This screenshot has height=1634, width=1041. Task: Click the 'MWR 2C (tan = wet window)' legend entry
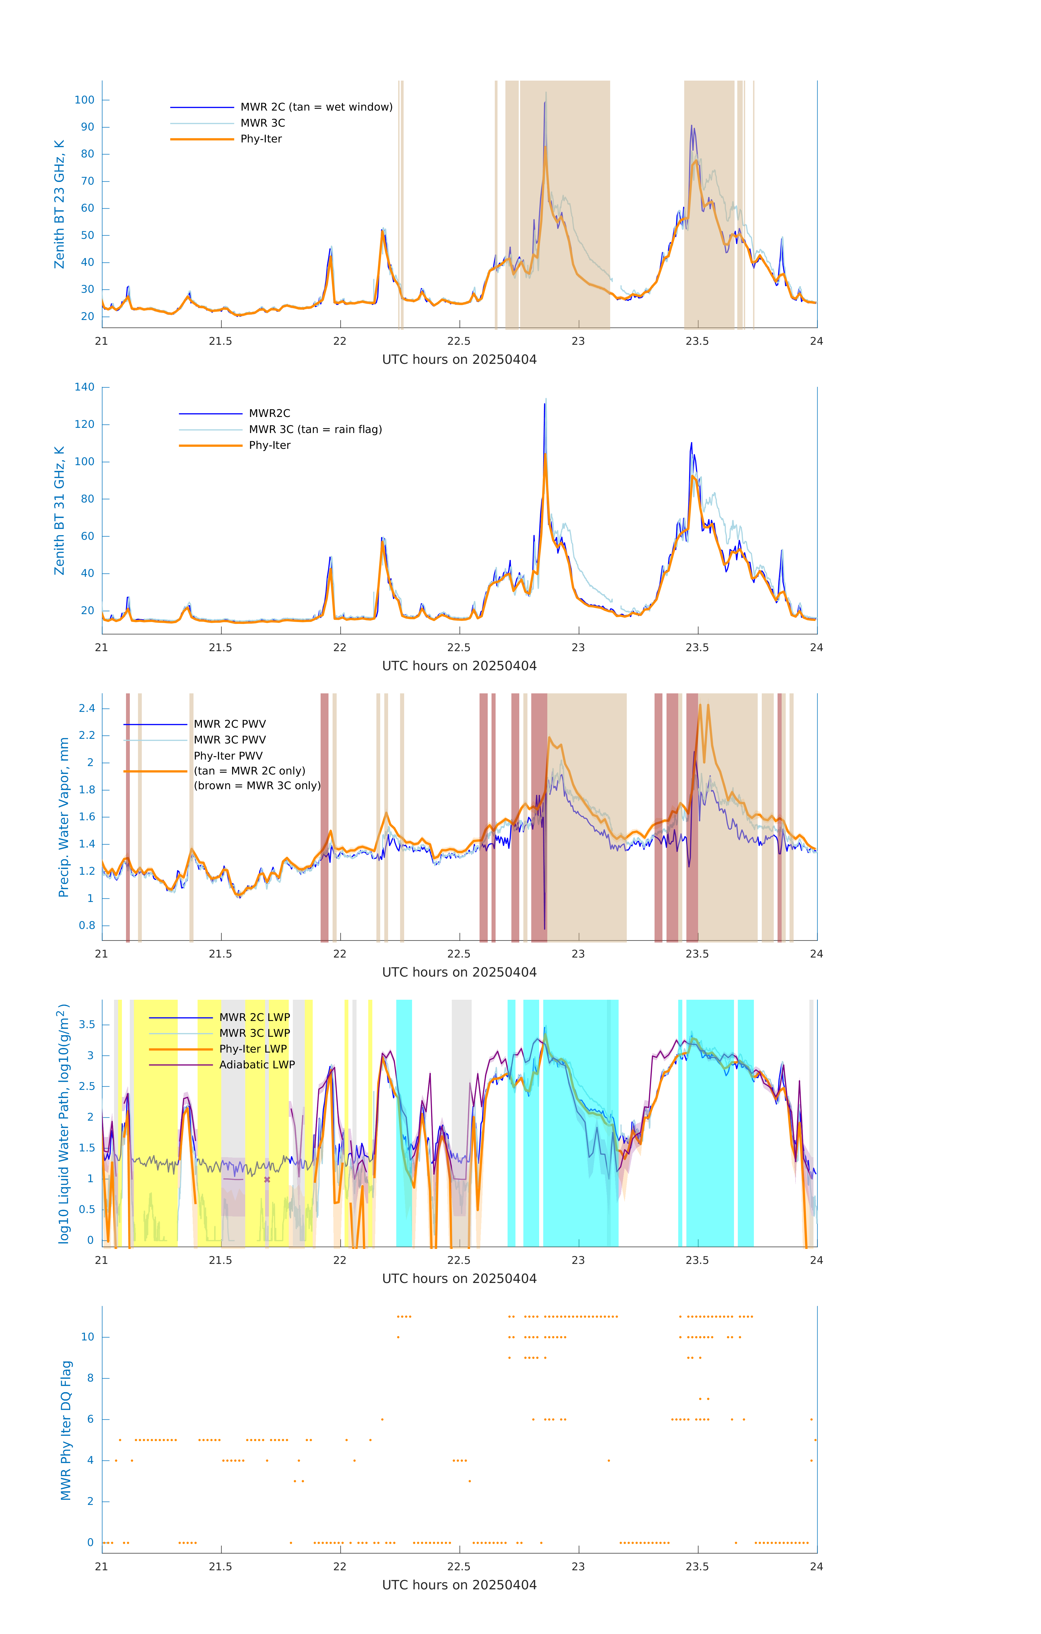(316, 107)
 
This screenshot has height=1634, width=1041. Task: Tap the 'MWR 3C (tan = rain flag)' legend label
(315, 429)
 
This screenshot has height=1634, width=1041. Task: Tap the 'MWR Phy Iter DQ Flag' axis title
(66, 1430)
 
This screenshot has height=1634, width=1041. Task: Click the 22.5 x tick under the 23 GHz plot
(459, 341)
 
